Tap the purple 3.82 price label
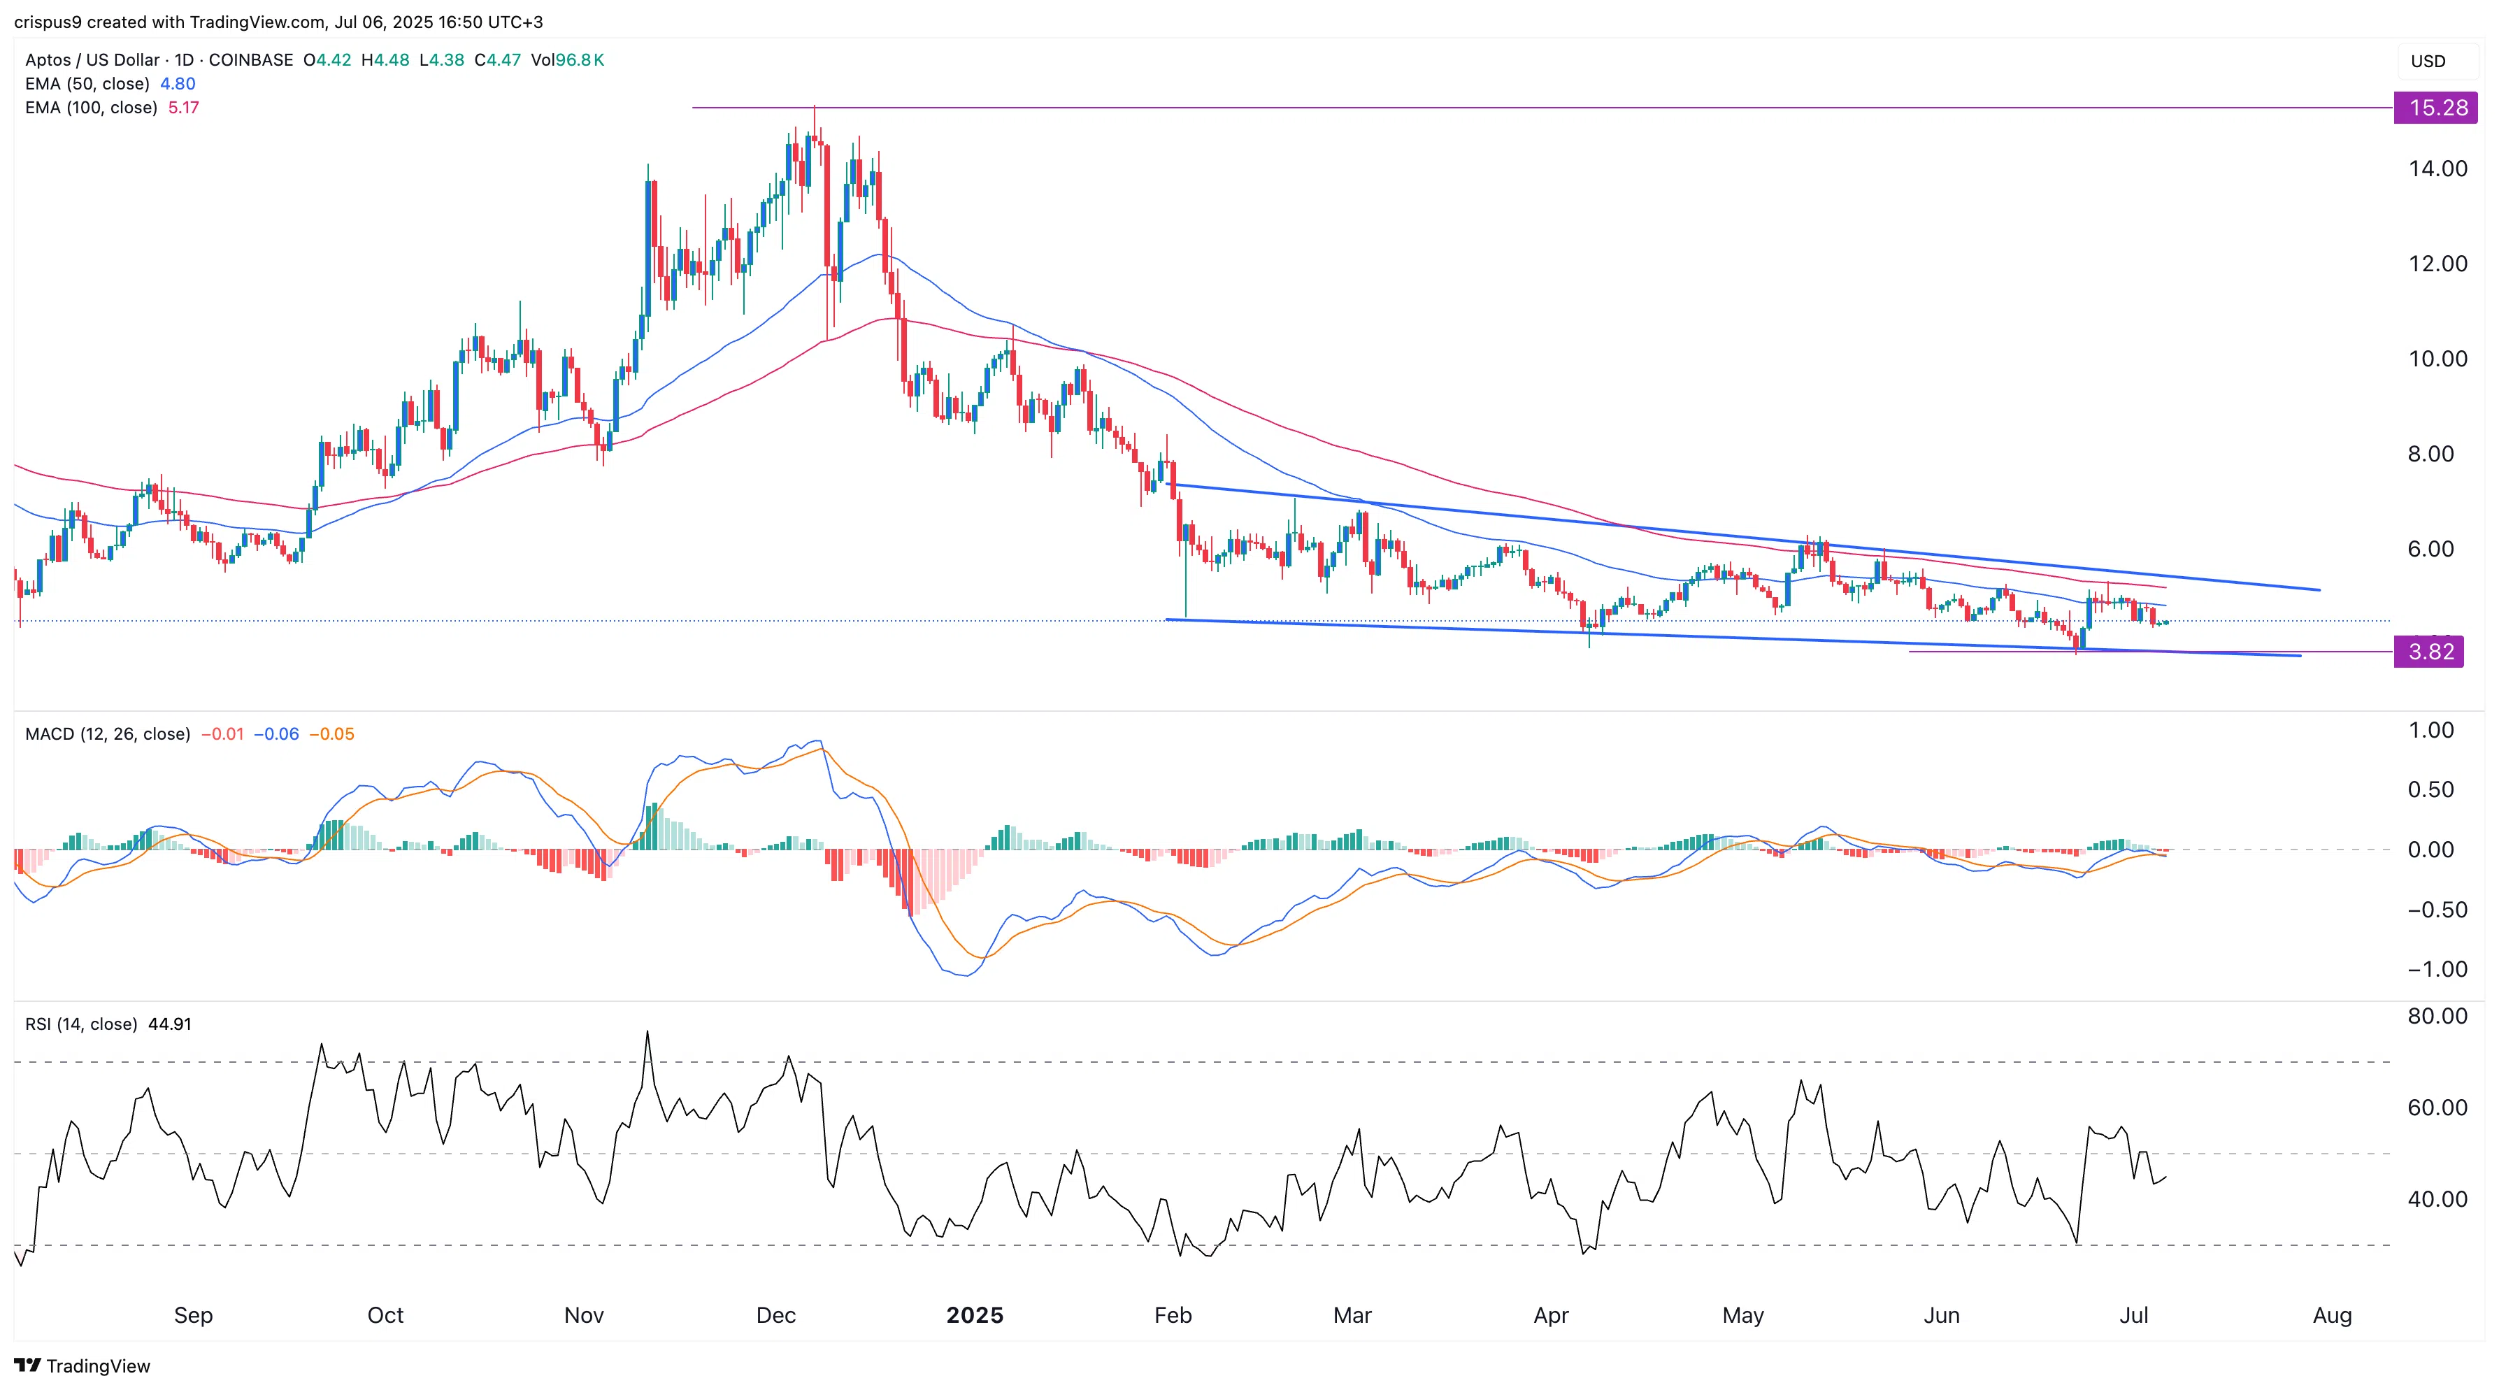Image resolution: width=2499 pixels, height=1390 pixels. [2429, 652]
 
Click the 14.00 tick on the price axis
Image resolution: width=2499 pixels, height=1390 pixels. [2437, 169]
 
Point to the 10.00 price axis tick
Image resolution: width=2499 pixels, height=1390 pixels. [2437, 359]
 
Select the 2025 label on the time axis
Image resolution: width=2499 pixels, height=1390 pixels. [974, 1315]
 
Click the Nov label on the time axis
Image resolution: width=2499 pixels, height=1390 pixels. [583, 1315]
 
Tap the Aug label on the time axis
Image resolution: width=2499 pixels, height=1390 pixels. [2331, 1315]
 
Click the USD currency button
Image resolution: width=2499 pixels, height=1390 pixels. [2428, 61]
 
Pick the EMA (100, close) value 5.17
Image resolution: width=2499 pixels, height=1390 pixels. [183, 108]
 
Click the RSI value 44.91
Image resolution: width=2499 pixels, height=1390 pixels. [170, 1024]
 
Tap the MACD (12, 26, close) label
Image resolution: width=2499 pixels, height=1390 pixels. [108, 734]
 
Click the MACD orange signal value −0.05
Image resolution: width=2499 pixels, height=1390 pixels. [331, 734]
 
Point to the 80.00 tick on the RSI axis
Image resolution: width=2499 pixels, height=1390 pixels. [2437, 1016]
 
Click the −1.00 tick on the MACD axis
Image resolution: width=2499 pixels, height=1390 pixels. [2437, 969]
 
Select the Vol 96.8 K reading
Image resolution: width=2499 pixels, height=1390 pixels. [568, 60]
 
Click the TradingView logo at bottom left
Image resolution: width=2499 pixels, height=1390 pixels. [83, 1366]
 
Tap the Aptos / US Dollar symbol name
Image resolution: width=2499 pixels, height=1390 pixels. [92, 60]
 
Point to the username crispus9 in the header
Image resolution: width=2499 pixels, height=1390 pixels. [48, 22]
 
